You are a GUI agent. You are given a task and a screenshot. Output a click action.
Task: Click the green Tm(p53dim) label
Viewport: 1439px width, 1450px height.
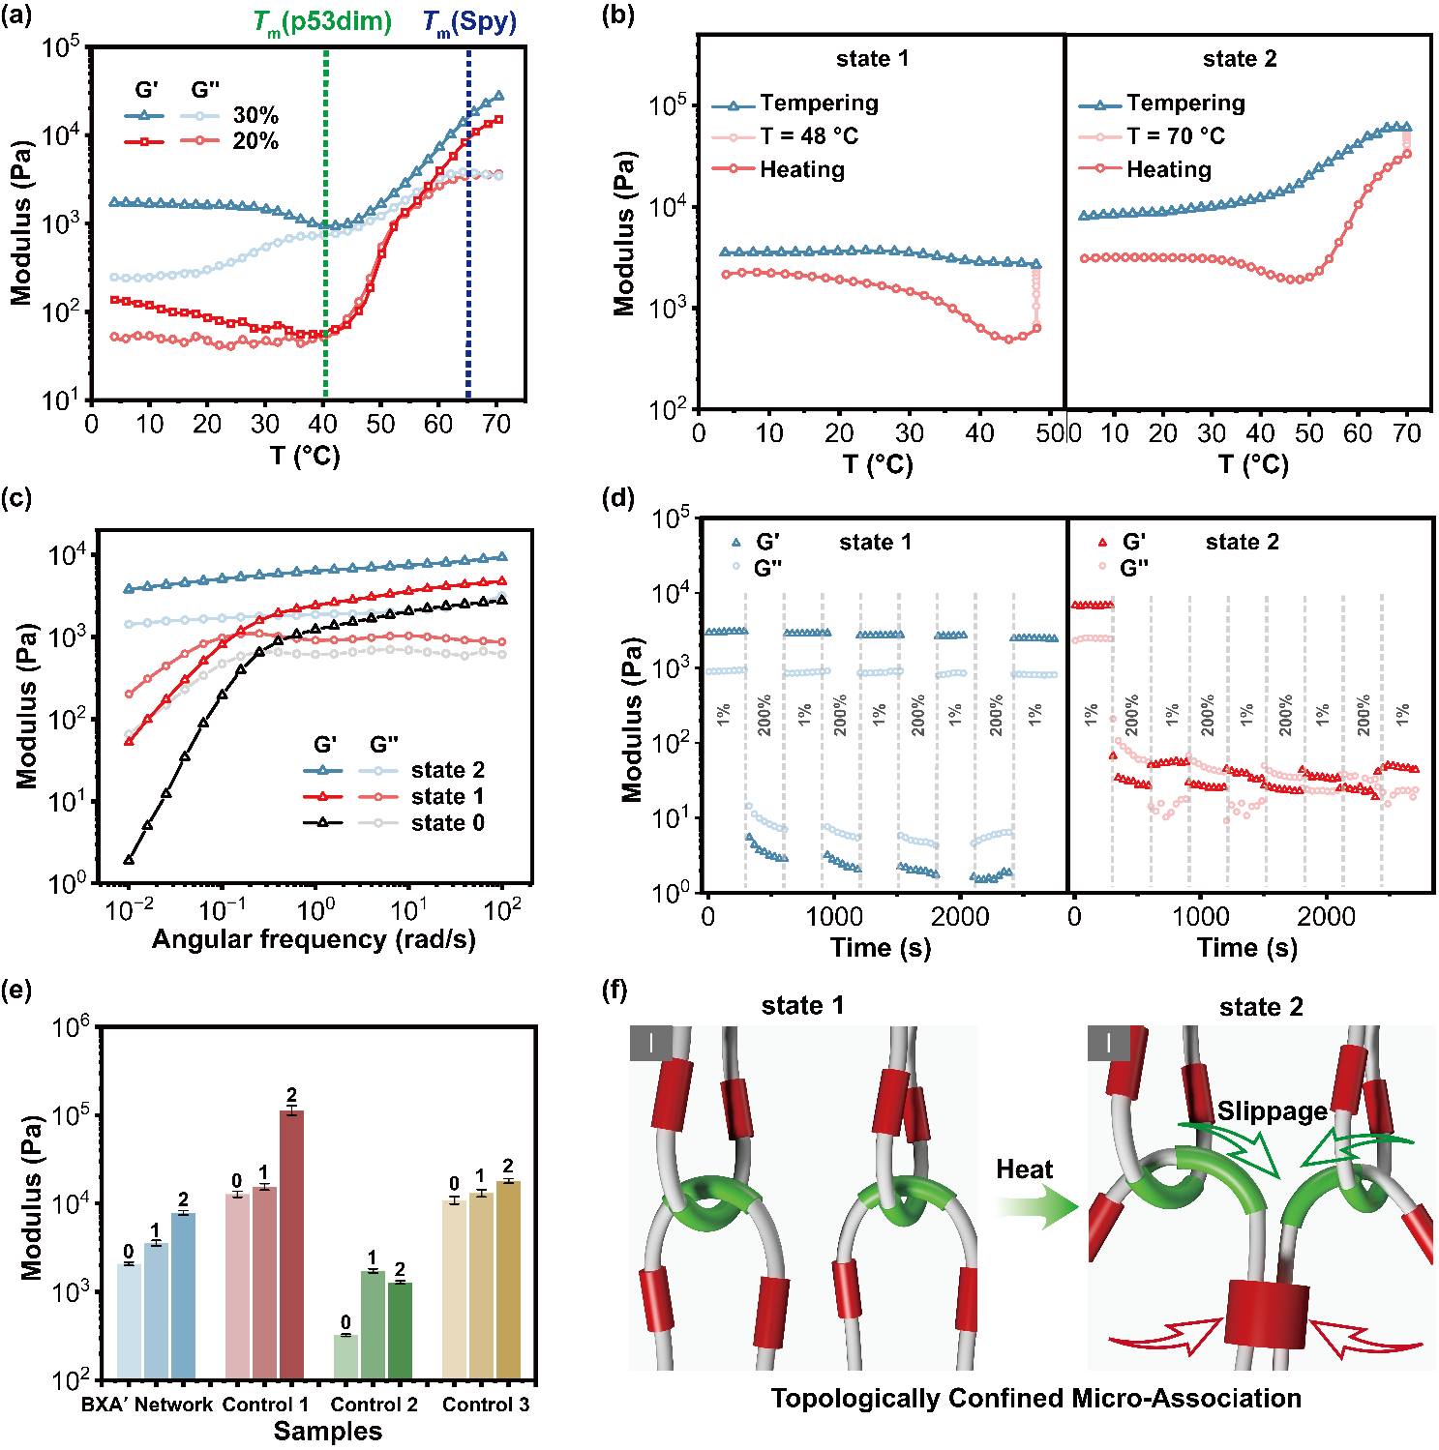322,22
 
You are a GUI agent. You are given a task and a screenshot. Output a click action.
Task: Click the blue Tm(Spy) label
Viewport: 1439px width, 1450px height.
470,22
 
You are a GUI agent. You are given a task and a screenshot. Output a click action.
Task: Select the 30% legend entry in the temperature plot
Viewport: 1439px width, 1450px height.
255,116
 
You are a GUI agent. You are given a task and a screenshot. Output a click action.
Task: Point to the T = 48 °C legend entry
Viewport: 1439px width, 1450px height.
808,136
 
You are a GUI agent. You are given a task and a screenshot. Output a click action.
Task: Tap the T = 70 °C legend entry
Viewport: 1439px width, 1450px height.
1175,136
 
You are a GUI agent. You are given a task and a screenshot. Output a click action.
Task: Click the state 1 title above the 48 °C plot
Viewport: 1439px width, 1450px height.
872,59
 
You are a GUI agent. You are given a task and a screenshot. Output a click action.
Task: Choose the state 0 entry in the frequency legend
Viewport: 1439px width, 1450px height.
447,823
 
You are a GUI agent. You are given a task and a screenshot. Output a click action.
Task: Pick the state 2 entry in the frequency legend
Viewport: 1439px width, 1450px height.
447,770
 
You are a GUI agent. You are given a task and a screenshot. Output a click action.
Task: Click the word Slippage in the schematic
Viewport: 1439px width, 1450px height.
1272,1111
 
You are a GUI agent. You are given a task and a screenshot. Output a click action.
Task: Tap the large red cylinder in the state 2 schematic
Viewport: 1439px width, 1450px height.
1266,1314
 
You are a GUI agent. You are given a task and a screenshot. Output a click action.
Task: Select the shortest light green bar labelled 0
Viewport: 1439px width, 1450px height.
345,1356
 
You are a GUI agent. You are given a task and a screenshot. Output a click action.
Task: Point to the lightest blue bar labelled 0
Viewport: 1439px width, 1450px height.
129,1320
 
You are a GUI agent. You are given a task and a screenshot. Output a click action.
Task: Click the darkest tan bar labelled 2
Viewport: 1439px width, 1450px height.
508,1279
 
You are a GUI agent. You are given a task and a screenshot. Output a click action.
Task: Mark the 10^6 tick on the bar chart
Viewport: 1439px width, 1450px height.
71,1026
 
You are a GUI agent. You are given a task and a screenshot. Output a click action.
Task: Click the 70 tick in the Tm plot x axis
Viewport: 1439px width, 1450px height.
495,424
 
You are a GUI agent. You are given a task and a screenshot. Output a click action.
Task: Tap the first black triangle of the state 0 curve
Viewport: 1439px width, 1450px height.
129,860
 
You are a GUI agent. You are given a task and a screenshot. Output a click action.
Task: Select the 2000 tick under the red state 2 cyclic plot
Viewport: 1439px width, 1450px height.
1326,916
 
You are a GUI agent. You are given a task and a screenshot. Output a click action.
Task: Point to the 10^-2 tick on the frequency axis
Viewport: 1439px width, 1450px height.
129,910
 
